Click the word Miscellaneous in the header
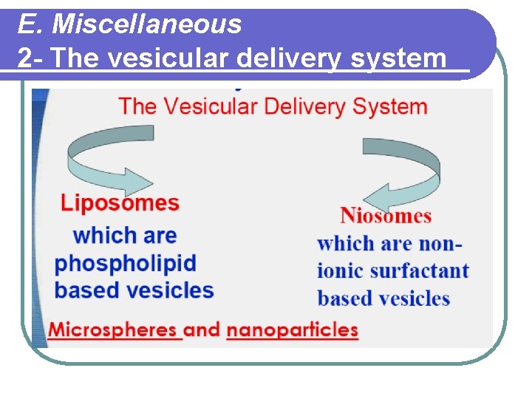pyautogui.click(x=147, y=24)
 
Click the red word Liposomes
pyautogui.click(x=120, y=202)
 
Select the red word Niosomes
pyautogui.click(x=386, y=216)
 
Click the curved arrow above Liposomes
pyautogui.click(x=111, y=158)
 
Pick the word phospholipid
pyautogui.click(x=126, y=264)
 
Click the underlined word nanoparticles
pyautogui.click(x=293, y=330)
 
